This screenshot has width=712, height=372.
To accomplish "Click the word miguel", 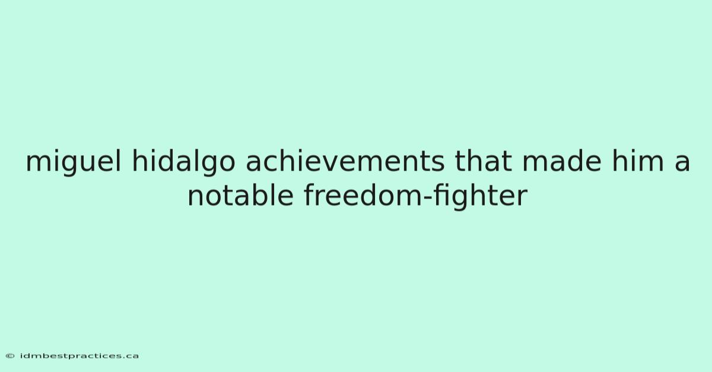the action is click(74, 162).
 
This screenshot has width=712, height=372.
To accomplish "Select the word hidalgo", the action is click(183, 162).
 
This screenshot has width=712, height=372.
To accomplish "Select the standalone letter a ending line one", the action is click(682, 165).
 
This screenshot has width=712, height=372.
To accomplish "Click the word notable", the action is click(240, 195).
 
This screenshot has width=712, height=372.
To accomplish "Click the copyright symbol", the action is click(10, 356).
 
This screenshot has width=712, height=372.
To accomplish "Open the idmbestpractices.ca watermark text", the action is click(79, 356).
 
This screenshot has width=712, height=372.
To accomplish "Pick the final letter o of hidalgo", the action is click(227, 165).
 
